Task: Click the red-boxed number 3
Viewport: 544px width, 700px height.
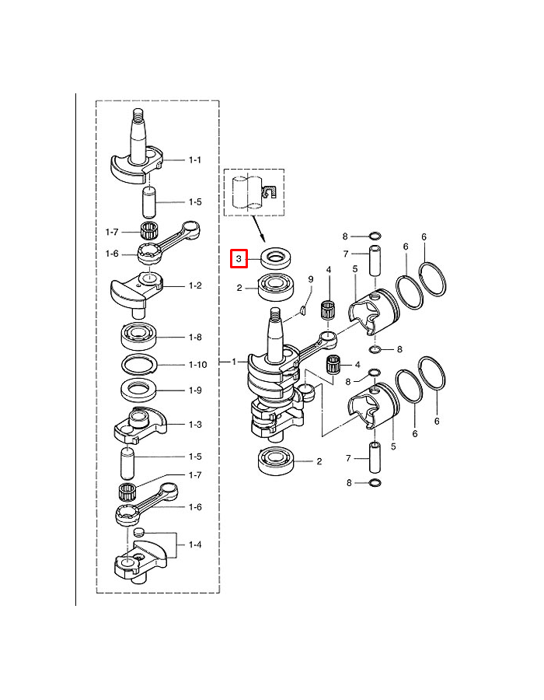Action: [239, 257]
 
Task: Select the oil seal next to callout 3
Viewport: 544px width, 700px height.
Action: [275, 257]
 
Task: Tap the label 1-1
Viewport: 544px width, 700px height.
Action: [194, 159]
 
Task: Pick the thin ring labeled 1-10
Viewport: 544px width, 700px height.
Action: [141, 363]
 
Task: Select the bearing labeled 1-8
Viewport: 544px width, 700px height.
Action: [141, 337]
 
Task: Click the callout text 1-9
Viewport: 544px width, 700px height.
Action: [194, 390]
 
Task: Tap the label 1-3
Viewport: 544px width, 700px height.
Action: [194, 425]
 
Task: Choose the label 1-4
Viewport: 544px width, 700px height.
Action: [194, 544]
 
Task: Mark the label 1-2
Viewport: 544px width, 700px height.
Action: [194, 285]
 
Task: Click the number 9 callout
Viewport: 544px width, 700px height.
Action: [310, 279]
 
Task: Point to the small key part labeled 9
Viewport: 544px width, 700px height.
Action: [303, 313]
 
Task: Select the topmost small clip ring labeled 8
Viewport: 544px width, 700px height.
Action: [373, 236]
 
